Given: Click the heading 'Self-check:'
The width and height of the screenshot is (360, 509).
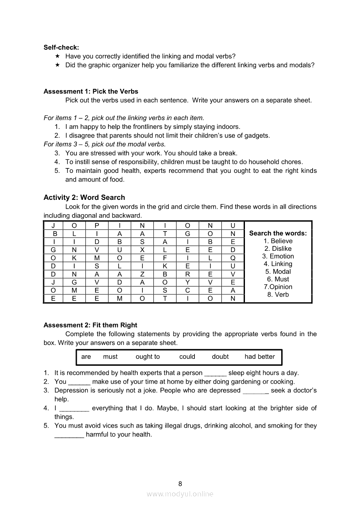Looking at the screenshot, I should (x=61, y=47).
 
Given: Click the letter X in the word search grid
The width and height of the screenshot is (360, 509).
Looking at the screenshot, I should (x=142, y=249).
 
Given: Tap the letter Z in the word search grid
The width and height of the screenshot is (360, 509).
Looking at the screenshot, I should (x=142, y=274).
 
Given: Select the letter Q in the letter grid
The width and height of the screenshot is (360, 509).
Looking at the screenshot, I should (x=233, y=257).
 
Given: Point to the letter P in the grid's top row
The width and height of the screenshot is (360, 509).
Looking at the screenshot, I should (x=97, y=225).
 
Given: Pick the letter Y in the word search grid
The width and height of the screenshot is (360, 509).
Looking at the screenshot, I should (x=187, y=282).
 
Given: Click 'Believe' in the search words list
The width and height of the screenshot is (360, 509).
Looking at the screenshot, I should (x=282, y=241).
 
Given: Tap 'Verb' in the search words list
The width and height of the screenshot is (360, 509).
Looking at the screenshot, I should (x=282, y=294).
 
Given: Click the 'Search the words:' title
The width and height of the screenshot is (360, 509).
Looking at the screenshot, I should (x=278, y=233).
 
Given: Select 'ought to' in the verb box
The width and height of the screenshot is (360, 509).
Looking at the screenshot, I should (x=148, y=357).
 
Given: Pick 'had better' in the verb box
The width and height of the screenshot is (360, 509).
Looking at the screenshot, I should (x=260, y=357).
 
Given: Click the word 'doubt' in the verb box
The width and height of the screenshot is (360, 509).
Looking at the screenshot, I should (x=220, y=357).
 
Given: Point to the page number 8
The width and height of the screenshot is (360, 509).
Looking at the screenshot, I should (x=180, y=483).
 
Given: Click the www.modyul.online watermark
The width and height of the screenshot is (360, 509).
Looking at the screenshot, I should (x=180, y=494).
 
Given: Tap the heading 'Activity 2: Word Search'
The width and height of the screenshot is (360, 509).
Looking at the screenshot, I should (x=84, y=197).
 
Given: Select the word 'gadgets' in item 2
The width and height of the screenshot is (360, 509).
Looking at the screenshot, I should (x=258, y=135).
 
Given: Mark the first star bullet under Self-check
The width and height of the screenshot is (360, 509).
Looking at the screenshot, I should (x=58, y=56).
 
